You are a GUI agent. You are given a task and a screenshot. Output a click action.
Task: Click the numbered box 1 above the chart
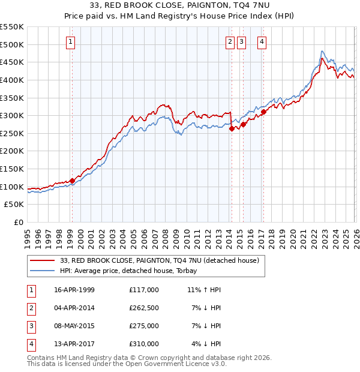click(71, 41)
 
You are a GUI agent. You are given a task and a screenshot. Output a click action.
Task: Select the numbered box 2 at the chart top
click(230, 41)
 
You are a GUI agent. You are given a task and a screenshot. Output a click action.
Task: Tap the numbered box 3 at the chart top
click(241, 41)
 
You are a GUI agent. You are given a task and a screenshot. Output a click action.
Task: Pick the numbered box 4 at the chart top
click(262, 41)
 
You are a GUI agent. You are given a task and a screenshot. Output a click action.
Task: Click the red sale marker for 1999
click(72, 180)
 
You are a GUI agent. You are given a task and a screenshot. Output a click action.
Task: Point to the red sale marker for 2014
click(232, 128)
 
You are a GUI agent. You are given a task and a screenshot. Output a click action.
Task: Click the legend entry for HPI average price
click(133, 271)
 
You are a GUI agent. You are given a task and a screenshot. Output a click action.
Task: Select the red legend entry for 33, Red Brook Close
click(159, 260)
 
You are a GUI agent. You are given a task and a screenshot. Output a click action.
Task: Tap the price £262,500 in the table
click(143, 308)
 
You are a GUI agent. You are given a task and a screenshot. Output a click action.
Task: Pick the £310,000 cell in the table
click(143, 344)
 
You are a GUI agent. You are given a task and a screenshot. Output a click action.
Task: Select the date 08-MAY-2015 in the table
click(74, 326)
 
